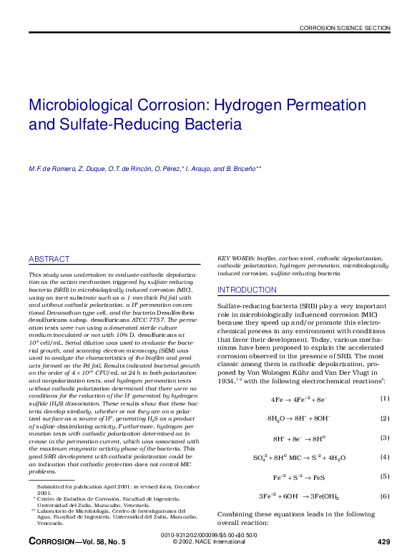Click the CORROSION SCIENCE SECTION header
pos(345,28)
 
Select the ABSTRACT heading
pos(49,259)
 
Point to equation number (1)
pos(385,398)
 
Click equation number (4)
pos(385,456)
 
